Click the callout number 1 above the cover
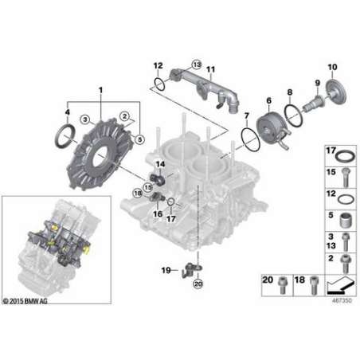pyautogui.click(x=100, y=90)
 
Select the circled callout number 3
pyautogui.click(x=85, y=119)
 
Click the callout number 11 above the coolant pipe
pyautogui.click(x=210, y=69)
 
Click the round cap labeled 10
pyautogui.click(x=336, y=92)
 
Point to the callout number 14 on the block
pyautogui.click(x=160, y=165)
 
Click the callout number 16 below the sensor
pyautogui.click(x=158, y=213)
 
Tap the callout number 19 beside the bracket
pyautogui.click(x=166, y=270)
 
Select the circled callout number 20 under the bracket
pyautogui.click(x=198, y=284)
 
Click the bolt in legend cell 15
pyautogui.click(x=346, y=178)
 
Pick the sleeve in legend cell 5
pyautogui.click(x=346, y=220)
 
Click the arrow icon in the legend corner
pyautogui.click(x=341, y=285)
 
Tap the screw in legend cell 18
pyautogui.click(x=314, y=285)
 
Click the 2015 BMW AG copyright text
pyautogui.click(x=25, y=301)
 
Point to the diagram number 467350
pyautogui.click(x=342, y=300)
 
